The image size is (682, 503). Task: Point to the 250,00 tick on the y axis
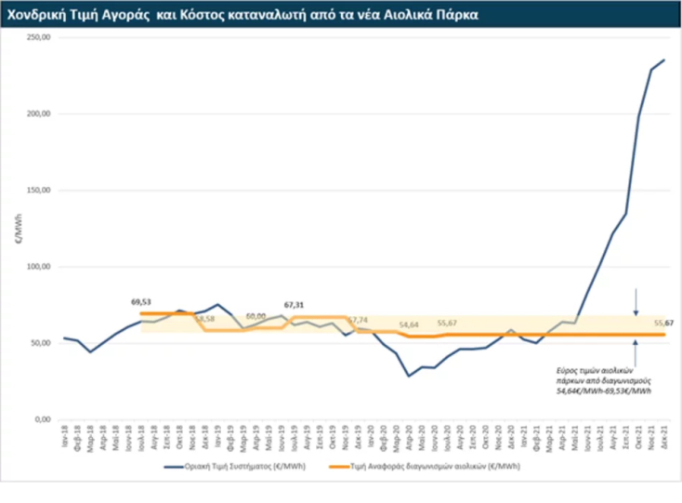tap(38, 37)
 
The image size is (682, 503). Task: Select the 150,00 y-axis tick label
tap(38, 191)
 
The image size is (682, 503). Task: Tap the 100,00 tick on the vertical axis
tap(38, 267)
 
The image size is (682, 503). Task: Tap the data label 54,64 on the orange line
tap(409, 324)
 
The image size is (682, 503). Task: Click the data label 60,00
tap(256, 316)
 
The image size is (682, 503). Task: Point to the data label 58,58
tap(204, 319)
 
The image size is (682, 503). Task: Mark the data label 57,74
tap(358, 319)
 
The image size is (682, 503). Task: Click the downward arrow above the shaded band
tap(636, 301)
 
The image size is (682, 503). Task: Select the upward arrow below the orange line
tap(636, 348)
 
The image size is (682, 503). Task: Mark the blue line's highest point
tap(663, 60)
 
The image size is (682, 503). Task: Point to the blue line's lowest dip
tap(408, 376)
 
